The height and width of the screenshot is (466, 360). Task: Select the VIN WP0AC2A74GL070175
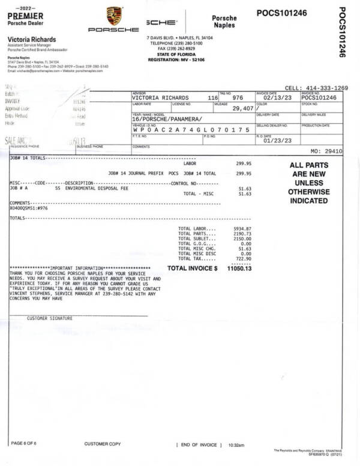[190, 130]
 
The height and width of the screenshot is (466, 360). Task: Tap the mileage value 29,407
[244, 109]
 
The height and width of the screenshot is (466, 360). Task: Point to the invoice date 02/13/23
[275, 98]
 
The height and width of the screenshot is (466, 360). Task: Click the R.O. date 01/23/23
[275, 141]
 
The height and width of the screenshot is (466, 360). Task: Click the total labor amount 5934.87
[242, 229]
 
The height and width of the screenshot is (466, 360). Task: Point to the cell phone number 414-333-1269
[325, 88]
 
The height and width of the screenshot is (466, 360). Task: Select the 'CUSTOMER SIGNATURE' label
[49, 318]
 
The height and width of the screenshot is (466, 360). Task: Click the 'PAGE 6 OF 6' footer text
[25, 443]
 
